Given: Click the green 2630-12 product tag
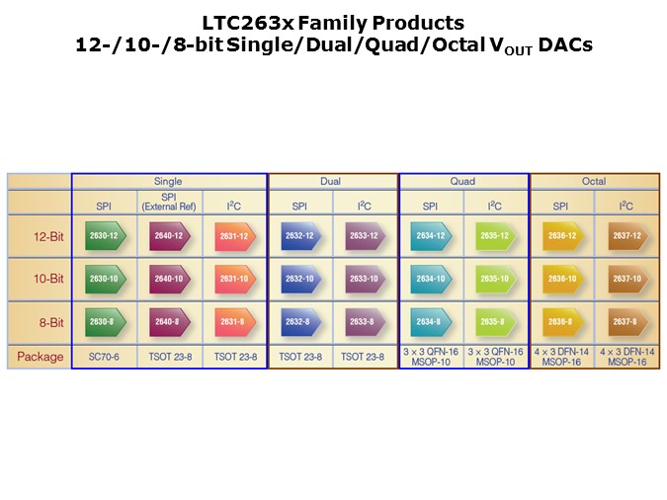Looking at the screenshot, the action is (x=104, y=236).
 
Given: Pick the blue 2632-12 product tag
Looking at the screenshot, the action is (x=299, y=236).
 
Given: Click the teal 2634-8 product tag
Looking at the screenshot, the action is (x=430, y=321).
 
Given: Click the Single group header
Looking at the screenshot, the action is (x=168, y=182).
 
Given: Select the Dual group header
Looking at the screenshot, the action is (x=331, y=182).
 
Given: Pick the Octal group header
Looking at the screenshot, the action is (x=594, y=182).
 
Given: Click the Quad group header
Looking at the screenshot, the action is (x=462, y=182).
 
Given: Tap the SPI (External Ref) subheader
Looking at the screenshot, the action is (x=169, y=202).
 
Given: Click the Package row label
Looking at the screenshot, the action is (x=41, y=357).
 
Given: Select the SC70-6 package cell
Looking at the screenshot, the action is (x=104, y=357).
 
